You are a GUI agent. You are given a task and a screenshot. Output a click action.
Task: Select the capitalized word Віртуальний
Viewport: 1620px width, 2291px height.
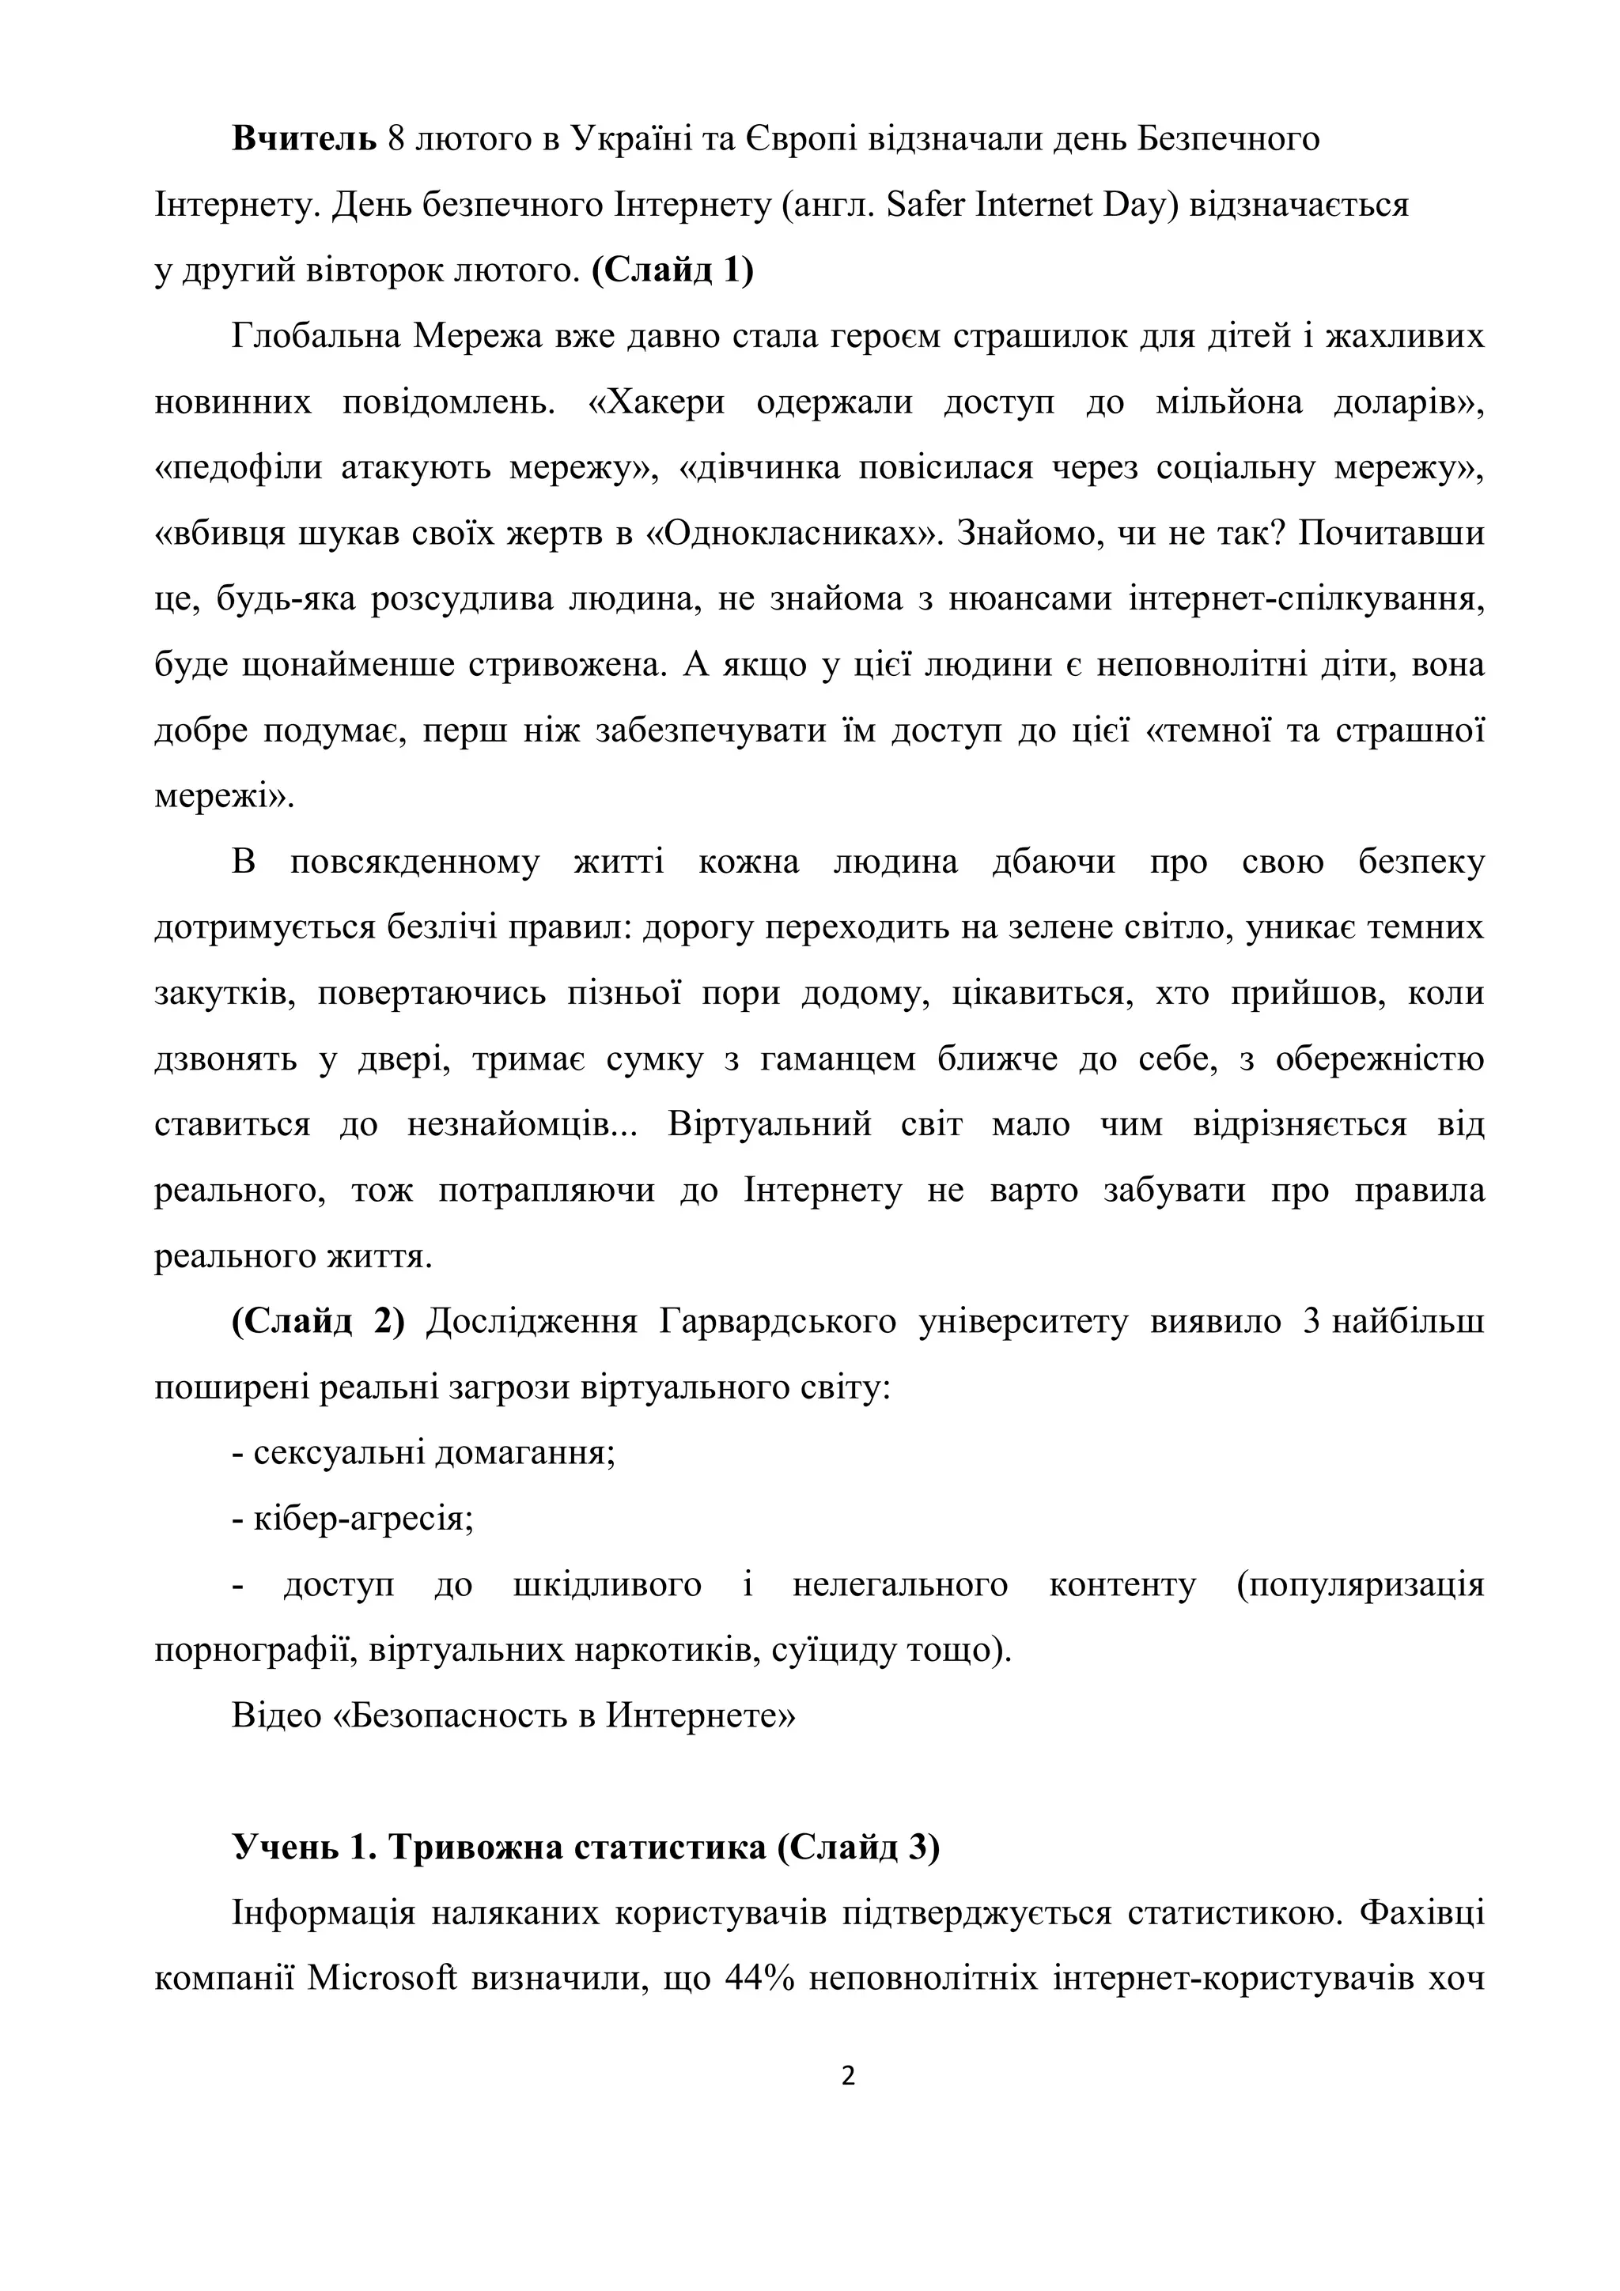[770, 1124]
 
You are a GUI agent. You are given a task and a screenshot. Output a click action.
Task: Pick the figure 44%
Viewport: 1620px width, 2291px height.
[759, 1980]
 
